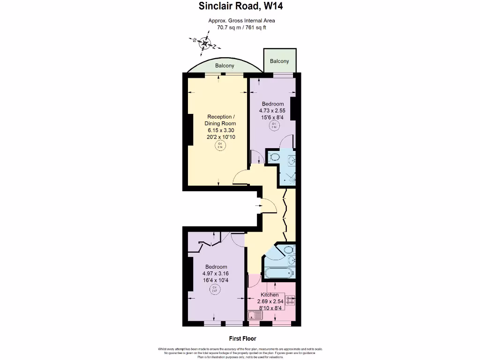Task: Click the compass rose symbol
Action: (204, 44)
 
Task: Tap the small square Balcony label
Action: (279, 61)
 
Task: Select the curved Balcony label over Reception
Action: (225, 66)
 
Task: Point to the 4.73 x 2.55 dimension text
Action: (272, 111)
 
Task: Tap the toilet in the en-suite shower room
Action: (274, 157)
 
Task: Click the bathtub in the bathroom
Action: (278, 273)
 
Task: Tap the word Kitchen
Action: (270, 295)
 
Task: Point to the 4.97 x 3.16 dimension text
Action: (216, 273)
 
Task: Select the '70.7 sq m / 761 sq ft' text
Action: (241, 27)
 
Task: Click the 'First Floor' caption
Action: (242, 338)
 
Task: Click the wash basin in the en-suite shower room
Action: (292, 161)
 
